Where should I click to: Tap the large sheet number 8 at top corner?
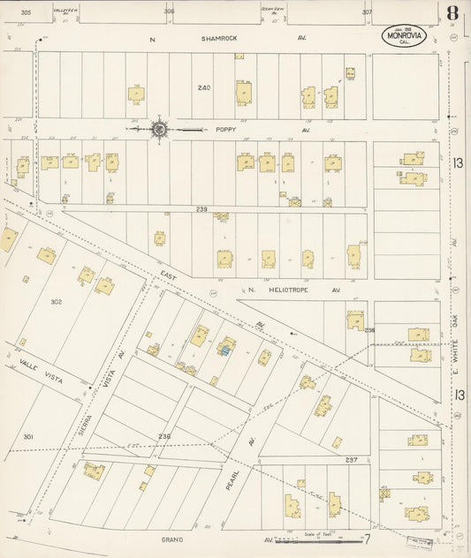tap(452, 14)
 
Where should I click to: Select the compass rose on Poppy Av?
tap(159, 129)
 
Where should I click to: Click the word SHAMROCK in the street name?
tap(216, 39)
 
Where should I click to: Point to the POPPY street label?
tap(227, 129)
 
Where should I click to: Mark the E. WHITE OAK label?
tap(459, 344)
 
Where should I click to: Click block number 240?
tap(205, 87)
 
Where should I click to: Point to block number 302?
tap(56, 302)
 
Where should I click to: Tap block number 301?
tap(28, 437)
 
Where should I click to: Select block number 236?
tap(164, 436)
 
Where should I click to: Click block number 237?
tap(351, 459)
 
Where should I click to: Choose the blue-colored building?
tap(224, 351)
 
